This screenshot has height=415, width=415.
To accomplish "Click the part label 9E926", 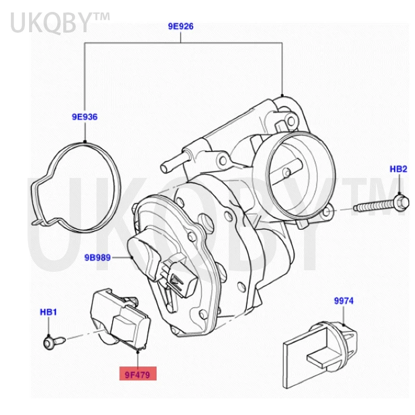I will click(180, 26).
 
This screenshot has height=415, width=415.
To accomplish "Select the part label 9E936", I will click(85, 117).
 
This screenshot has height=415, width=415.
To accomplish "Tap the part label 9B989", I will click(98, 256).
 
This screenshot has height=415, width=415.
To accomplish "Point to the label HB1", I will click(48, 312).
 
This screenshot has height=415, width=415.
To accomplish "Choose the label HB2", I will click(398, 169).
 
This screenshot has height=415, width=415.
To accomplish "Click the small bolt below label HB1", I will click(52, 341).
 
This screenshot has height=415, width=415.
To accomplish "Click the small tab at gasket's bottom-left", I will click(38, 222).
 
